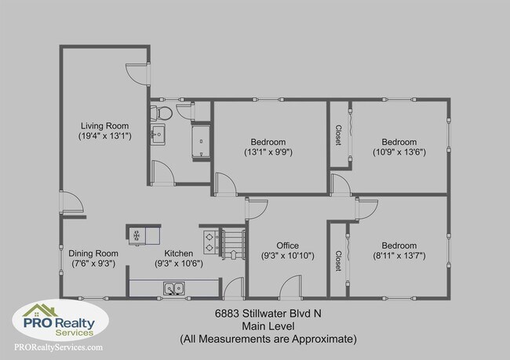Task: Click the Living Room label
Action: [x=105, y=125]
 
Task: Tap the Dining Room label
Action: [x=93, y=253]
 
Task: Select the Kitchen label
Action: [x=179, y=253]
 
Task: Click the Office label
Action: [x=287, y=245]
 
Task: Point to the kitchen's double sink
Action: [x=174, y=289]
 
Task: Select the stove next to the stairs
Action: [x=211, y=236]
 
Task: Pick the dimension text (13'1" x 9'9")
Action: [x=269, y=151]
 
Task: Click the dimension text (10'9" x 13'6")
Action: [x=399, y=151]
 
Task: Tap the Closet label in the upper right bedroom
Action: [x=339, y=134]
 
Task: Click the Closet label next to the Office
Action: [x=339, y=260]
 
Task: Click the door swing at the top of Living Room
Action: [x=139, y=72]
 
